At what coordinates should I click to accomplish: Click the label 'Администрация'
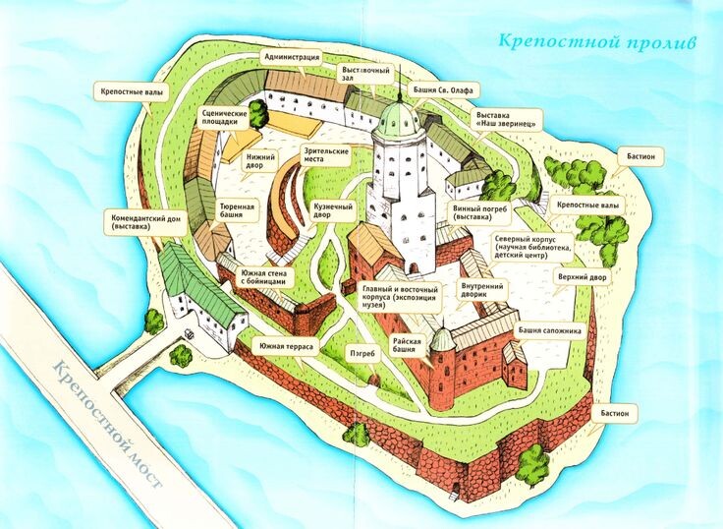(291, 58)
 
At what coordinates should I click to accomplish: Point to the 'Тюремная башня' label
(237, 211)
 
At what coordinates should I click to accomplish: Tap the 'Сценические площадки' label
(223, 119)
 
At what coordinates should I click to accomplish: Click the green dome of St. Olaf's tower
(399, 119)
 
